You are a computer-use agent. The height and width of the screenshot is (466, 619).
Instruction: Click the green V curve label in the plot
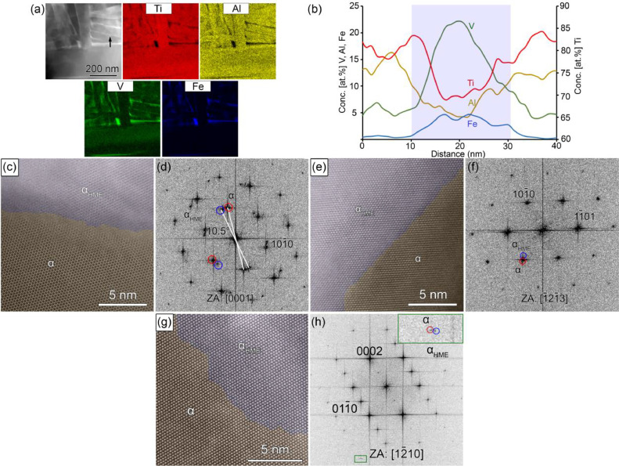[472, 27]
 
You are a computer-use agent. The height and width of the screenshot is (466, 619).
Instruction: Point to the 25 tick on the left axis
[354, 6]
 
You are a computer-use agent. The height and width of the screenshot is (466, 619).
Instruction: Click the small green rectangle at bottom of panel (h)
[360, 458]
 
